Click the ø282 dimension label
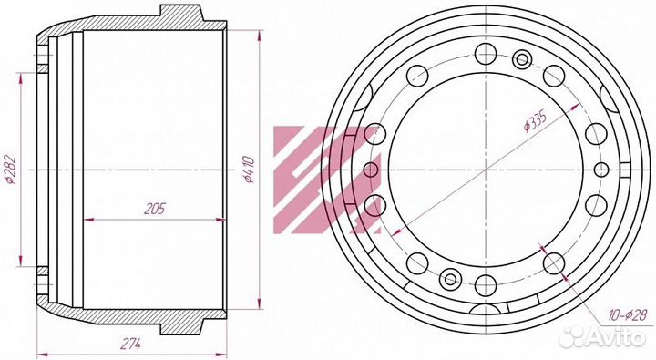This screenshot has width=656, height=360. point(10,170)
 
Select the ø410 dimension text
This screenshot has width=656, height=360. point(250,170)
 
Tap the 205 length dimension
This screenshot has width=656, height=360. point(155,209)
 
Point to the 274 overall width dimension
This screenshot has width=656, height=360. point(131,345)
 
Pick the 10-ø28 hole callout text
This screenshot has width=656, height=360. point(628,314)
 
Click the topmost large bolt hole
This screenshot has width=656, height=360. point(486,54)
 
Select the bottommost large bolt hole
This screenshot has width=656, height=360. point(486,285)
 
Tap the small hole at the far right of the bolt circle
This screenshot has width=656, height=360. point(601,170)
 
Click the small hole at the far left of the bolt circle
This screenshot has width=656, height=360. point(371,170)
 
